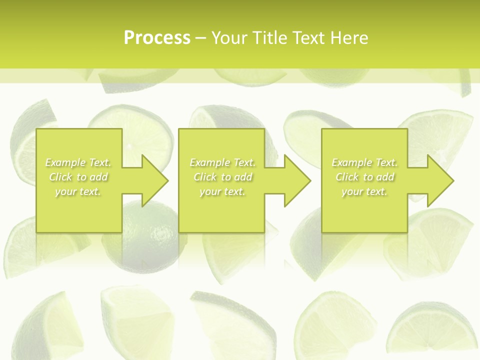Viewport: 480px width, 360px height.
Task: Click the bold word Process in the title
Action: point(157,38)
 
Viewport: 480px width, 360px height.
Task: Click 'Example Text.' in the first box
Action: point(78,162)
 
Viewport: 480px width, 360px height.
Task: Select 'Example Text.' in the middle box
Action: point(222,162)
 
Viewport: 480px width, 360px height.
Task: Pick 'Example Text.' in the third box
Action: point(364,162)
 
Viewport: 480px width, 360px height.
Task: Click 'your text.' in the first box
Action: point(78,191)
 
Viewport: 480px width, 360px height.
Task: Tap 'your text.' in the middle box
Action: point(222,191)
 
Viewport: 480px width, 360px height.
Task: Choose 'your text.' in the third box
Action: point(364,191)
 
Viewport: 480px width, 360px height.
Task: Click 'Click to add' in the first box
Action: point(78,177)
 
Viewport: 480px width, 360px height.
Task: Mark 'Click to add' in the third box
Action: point(364,177)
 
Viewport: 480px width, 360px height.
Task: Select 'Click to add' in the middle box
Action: point(222,177)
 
